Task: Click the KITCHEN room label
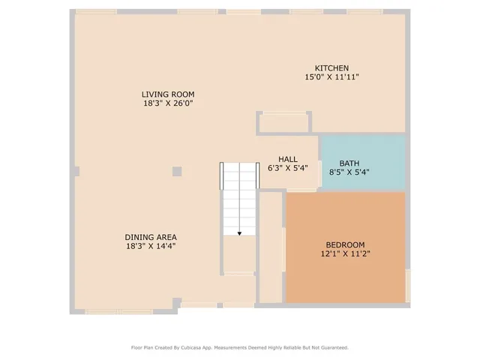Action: coord(331,68)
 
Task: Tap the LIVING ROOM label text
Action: coord(163,94)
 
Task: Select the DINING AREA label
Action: coord(151,237)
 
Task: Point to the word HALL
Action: coord(288,159)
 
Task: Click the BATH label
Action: coord(349,163)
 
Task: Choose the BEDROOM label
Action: coord(345,244)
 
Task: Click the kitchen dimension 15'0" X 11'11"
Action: coord(331,77)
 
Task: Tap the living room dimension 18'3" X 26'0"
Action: coord(163,103)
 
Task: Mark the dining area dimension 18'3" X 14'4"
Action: coord(151,246)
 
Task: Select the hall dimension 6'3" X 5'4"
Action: coord(288,168)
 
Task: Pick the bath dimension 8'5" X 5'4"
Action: coord(349,172)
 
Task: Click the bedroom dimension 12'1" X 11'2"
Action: coord(345,253)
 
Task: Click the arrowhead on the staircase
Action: coord(239,233)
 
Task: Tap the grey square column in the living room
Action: coord(177,171)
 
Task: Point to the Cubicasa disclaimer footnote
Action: coord(240,347)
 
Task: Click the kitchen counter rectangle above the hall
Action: coord(284,123)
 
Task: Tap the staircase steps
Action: coord(239,199)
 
